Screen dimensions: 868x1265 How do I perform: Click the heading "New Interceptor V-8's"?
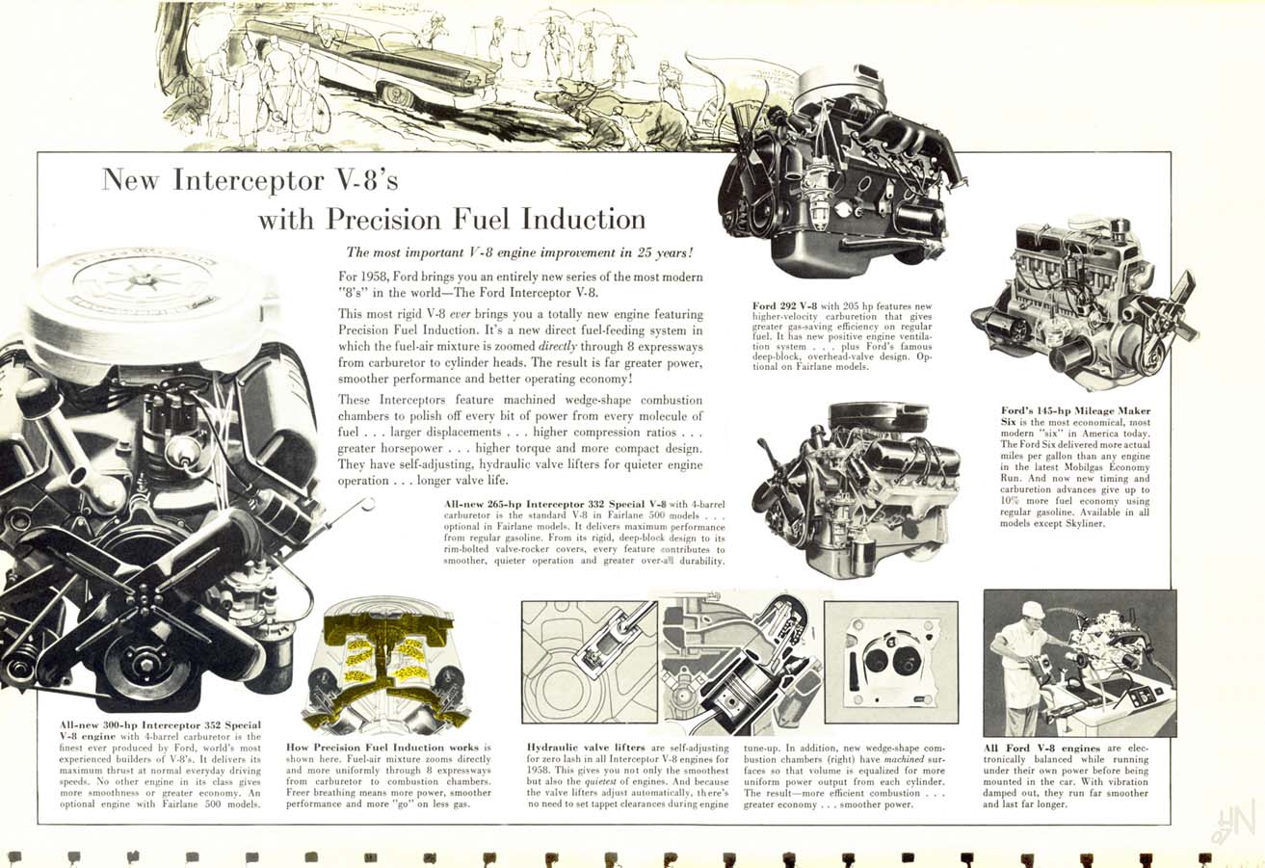(249, 181)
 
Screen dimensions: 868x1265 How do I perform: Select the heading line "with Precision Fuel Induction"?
(451, 219)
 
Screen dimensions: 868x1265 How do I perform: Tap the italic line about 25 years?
(519, 253)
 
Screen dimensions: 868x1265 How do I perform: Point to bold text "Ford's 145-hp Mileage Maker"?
(1075, 411)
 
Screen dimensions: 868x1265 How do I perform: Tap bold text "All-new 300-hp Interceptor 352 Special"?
(160, 723)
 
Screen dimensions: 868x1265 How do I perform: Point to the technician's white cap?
(1033, 609)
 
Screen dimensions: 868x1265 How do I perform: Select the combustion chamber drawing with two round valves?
(891, 663)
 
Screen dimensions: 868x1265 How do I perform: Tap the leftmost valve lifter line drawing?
(589, 663)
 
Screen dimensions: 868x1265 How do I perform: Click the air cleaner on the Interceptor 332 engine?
(878, 417)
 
